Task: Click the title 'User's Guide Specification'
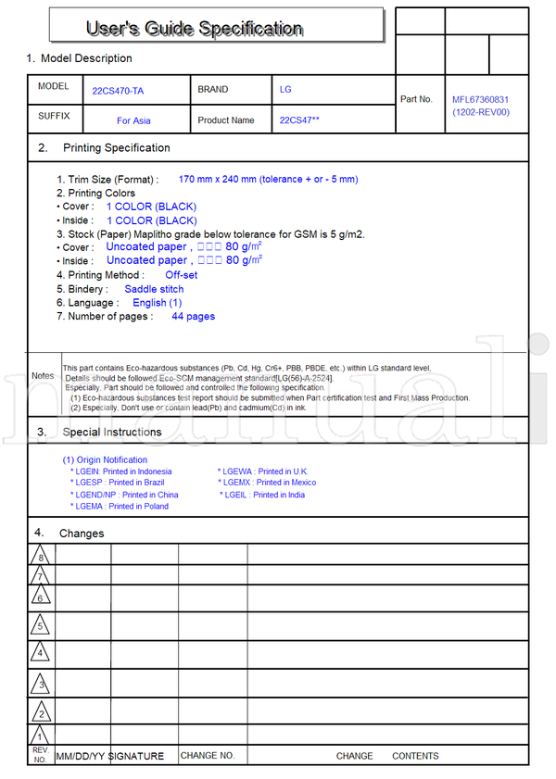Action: (x=194, y=29)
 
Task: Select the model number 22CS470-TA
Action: (x=118, y=91)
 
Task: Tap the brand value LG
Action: (x=285, y=90)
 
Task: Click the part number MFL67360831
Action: (x=480, y=99)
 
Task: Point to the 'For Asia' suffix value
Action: (x=133, y=120)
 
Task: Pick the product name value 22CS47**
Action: (x=299, y=120)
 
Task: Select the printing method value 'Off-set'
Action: (x=181, y=275)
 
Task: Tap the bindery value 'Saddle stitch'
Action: (x=154, y=289)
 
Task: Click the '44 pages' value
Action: (x=193, y=317)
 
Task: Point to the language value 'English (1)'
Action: (x=157, y=303)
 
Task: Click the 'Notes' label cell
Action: (x=43, y=376)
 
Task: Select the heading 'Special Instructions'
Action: (x=111, y=432)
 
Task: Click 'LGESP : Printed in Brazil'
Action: (x=120, y=483)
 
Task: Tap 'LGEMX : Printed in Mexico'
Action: (x=267, y=483)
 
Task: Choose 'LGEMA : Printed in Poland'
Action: (x=120, y=507)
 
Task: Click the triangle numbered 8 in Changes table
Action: (x=40, y=557)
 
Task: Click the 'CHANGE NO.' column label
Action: (x=208, y=756)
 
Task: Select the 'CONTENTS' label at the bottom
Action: (x=415, y=756)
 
